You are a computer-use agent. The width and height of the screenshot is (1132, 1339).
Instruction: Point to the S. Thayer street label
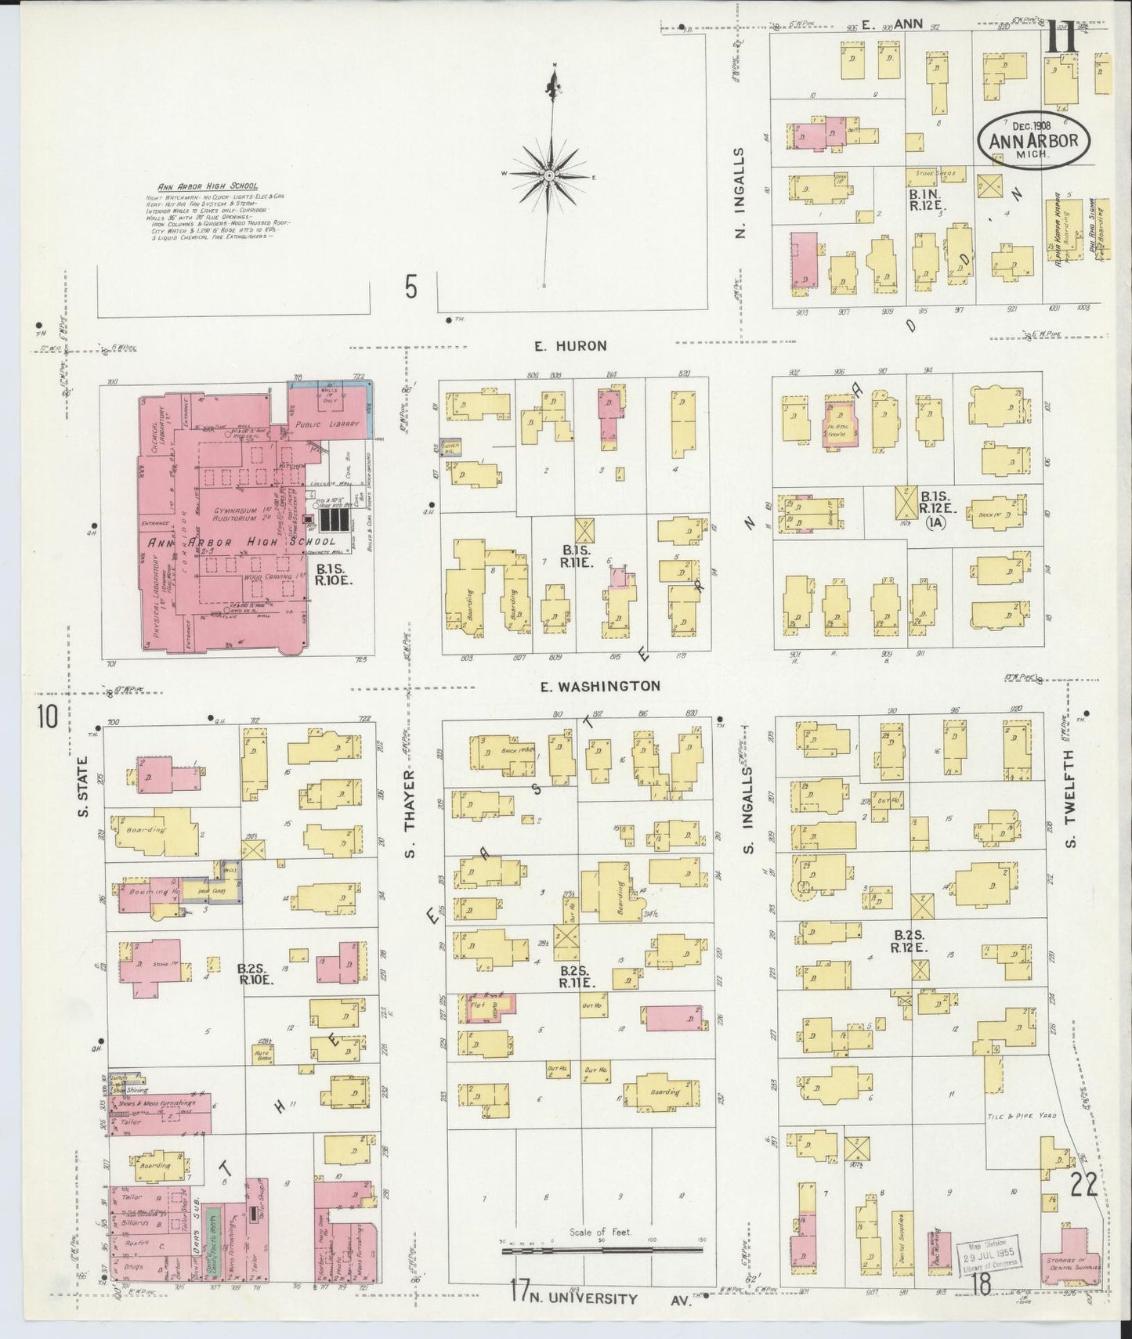(409, 812)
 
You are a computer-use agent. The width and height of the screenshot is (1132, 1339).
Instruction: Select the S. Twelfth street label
(1071, 796)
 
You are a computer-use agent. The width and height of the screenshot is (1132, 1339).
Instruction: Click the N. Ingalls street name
(741, 193)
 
